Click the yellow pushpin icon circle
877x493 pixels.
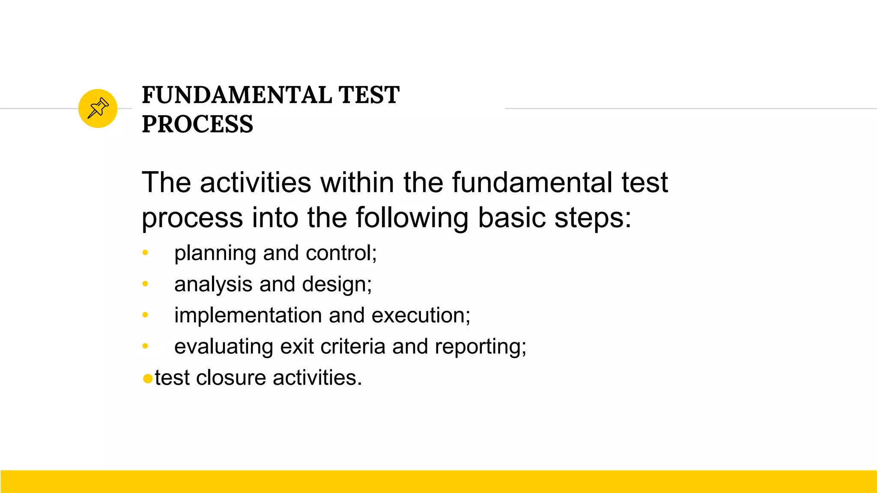pyautogui.click(x=98, y=108)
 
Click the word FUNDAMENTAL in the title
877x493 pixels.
pyautogui.click(x=236, y=95)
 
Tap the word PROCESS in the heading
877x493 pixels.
pyautogui.click(x=197, y=125)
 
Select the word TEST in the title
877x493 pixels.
pyautogui.click(x=368, y=95)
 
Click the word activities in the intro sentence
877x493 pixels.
pyautogui.click(x=255, y=183)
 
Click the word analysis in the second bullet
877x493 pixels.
pyautogui.click(x=213, y=285)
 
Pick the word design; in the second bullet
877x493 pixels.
pyautogui.click(x=337, y=285)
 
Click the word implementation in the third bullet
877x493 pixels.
pyautogui.click(x=248, y=316)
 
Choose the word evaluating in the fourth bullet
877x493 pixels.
pyautogui.click(x=224, y=347)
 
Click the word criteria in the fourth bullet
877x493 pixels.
pyautogui.click(x=352, y=346)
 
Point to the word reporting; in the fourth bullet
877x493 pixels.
pyautogui.click(x=480, y=347)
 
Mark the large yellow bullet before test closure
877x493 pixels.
pyautogui.click(x=148, y=379)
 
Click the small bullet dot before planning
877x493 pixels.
pyautogui.click(x=145, y=253)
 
